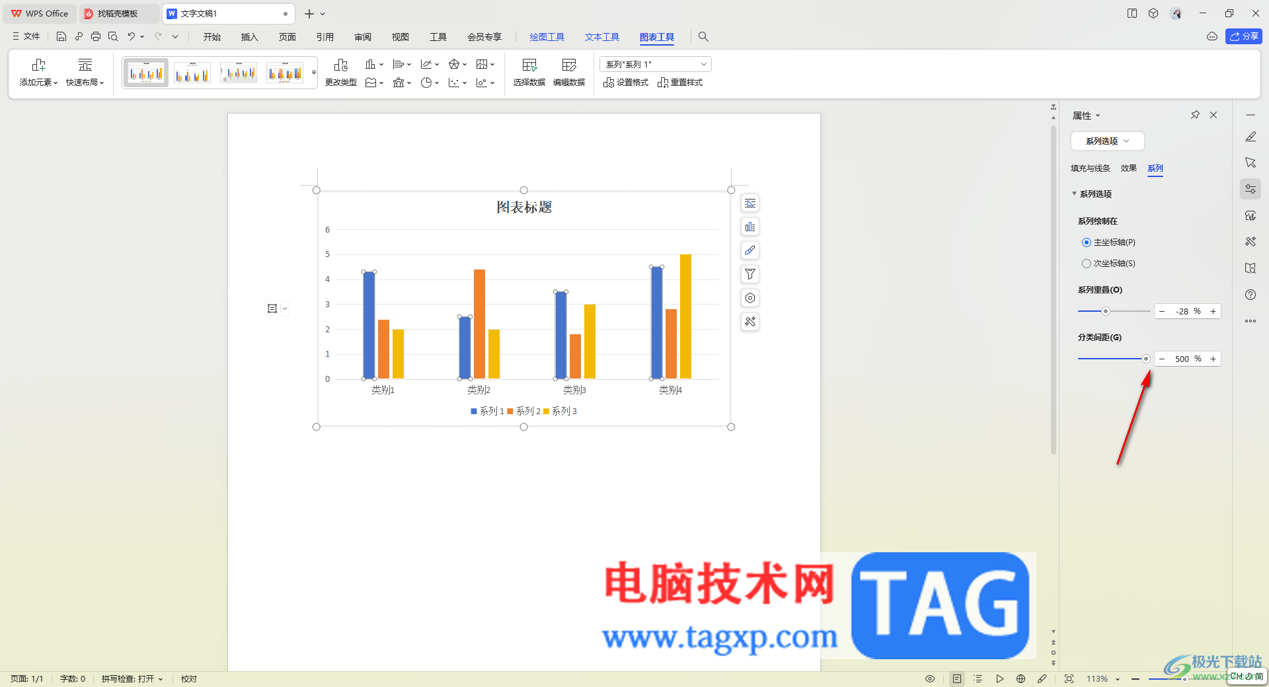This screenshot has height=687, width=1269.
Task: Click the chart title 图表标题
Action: coord(524,207)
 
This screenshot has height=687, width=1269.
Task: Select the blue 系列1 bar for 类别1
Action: coord(369,325)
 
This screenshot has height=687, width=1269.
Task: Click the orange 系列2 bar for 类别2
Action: coord(479,324)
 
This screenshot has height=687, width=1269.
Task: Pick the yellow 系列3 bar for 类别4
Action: coord(685,316)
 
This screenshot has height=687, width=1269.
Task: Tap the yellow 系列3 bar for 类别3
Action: coord(590,342)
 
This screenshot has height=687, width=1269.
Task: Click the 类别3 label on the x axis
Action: coord(574,390)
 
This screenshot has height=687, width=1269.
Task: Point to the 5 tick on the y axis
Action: coord(327,254)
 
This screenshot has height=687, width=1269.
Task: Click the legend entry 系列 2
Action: coord(524,411)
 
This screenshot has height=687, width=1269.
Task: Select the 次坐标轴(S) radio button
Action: coord(1087,264)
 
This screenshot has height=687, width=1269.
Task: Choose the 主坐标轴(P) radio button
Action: coord(1087,242)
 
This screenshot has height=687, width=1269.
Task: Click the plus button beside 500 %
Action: coord(1213,359)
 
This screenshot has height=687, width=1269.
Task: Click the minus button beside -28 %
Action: coord(1162,311)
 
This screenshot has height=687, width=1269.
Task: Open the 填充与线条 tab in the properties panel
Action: coord(1091,168)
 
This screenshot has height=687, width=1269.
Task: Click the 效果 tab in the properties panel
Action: coord(1129,168)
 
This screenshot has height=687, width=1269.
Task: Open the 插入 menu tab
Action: coord(249,37)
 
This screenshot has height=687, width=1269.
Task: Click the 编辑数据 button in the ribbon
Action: coord(569,73)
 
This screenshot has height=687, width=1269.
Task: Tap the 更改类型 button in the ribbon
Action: coord(341,73)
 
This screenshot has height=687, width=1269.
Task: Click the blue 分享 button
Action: coord(1244,36)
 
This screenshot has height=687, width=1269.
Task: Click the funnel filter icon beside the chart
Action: coord(750,274)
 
